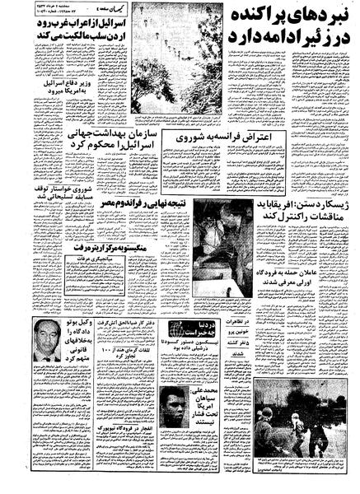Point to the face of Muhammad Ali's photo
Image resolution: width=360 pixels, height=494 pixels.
pyautogui.click(x=175, y=412)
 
